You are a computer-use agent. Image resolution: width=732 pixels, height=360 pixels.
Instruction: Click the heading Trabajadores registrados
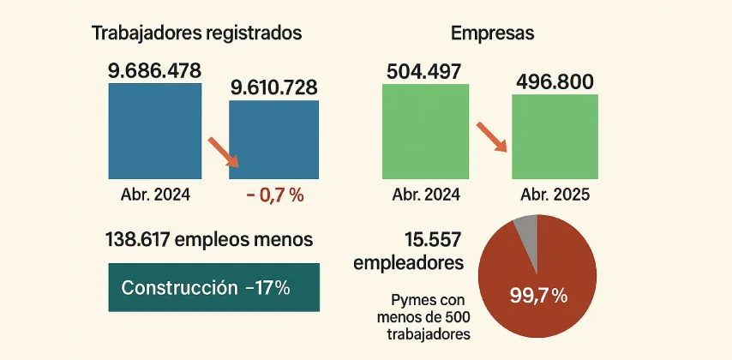coord(196,33)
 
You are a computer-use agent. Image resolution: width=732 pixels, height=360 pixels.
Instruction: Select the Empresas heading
coord(492,33)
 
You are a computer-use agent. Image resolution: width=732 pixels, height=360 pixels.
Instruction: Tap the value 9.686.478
coord(155,70)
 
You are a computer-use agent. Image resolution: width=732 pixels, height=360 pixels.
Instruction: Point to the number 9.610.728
coord(273,87)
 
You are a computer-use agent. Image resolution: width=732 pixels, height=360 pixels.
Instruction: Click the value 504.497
coord(425,70)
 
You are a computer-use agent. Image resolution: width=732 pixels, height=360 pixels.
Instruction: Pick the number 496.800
coord(555,82)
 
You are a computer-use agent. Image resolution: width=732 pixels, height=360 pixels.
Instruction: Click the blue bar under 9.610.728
coord(273,140)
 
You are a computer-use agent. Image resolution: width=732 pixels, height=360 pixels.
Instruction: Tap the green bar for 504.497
coord(426,130)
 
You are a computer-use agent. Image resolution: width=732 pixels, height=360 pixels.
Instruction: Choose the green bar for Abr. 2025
coord(555,136)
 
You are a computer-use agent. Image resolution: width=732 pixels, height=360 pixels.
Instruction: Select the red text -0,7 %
coord(274,195)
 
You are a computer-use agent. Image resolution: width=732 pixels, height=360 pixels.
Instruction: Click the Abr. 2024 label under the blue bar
coord(155,195)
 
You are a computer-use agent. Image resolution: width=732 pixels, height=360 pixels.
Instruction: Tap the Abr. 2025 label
coord(555,195)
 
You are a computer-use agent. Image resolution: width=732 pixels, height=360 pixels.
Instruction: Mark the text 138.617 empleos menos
coord(208,239)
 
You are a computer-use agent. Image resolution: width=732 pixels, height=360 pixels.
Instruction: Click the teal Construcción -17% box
coord(213,287)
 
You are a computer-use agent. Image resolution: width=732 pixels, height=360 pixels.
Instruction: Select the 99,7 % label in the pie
coord(538,297)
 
